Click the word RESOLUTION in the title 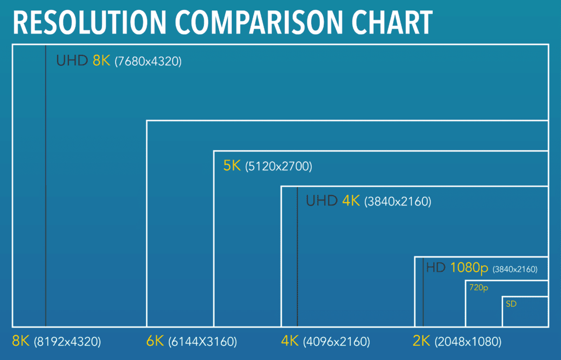(88, 22)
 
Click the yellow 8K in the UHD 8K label (102, 61)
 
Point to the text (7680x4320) (148, 61)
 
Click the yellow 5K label (232, 165)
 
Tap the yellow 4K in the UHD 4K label (351, 201)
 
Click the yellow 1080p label (470, 268)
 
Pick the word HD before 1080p (437, 268)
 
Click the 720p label (478, 287)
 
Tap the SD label (511, 304)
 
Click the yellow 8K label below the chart (21, 341)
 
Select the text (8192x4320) (67, 342)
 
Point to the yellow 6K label (156, 341)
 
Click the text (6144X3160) (203, 342)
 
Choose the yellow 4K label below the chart (289, 341)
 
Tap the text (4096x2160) (336, 342)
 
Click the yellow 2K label (421, 341)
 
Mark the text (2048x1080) (468, 342)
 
